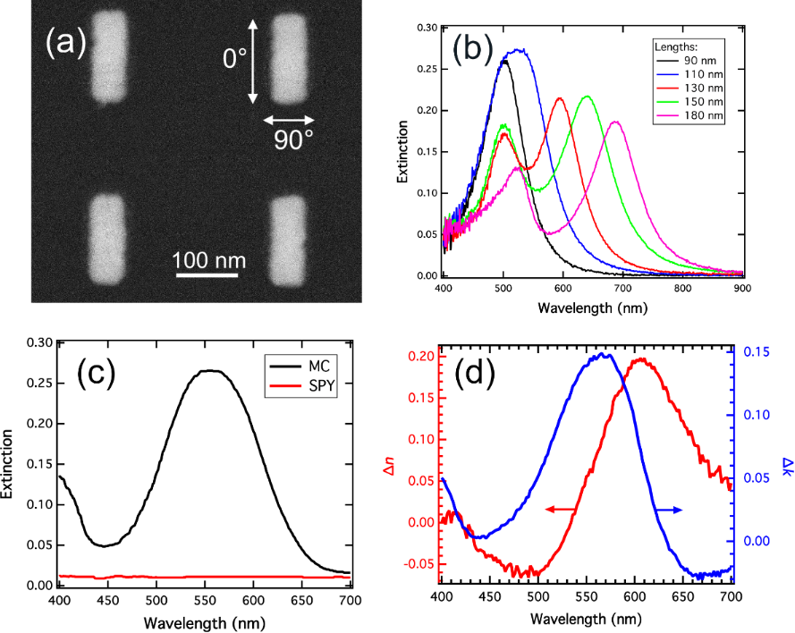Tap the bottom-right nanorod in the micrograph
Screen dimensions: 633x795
[293, 239]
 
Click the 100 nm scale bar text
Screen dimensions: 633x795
[208, 260]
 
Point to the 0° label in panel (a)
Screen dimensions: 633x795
[234, 59]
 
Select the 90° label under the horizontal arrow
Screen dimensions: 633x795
[289, 141]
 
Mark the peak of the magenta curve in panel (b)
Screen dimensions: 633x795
[614, 122]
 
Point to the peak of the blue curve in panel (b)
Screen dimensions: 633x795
[517, 50]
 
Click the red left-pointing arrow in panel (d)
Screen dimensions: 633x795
[559, 509]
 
